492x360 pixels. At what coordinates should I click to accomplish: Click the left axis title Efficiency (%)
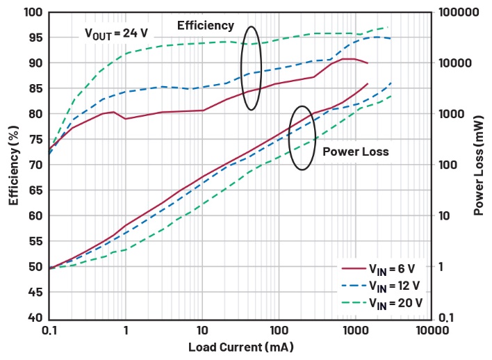tap(13, 165)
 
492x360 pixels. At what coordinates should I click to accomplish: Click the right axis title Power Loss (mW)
tap(479, 165)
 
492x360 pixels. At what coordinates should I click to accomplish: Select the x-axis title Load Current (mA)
tap(239, 347)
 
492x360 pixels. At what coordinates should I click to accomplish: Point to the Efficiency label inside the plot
tap(206, 26)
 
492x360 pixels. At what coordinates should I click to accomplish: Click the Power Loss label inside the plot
tap(356, 152)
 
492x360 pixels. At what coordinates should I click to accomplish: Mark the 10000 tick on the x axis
tap(431, 331)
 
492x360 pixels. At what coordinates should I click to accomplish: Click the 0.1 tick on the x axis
tap(49, 331)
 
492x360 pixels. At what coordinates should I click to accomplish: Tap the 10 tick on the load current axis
tap(202, 331)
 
